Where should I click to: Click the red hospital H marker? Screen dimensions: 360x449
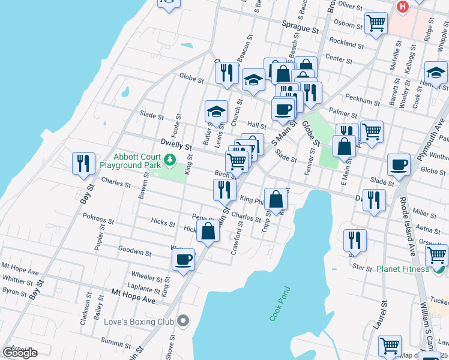pyautogui.click(x=402, y=7)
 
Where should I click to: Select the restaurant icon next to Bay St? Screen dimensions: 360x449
pyautogui.click(x=83, y=164)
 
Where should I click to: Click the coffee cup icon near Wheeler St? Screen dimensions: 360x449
pyautogui.click(x=183, y=260)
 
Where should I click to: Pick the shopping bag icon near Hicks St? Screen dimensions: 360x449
pyautogui.click(x=208, y=232)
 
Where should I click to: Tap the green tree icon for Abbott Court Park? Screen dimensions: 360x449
pyautogui.click(x=170, y=160)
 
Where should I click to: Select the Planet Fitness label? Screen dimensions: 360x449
pyautogui.click(x=402, y=269)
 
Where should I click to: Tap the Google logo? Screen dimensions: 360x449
pyautogui.click(x=19, y=353)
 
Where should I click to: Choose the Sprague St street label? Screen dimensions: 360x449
pyautogui.click(x=300, y=28)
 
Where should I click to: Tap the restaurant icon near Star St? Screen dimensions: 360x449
pyautogui.click(x=355, y=240)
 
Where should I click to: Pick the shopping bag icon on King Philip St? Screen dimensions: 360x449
pyautogui.click(x=276, y=199)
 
